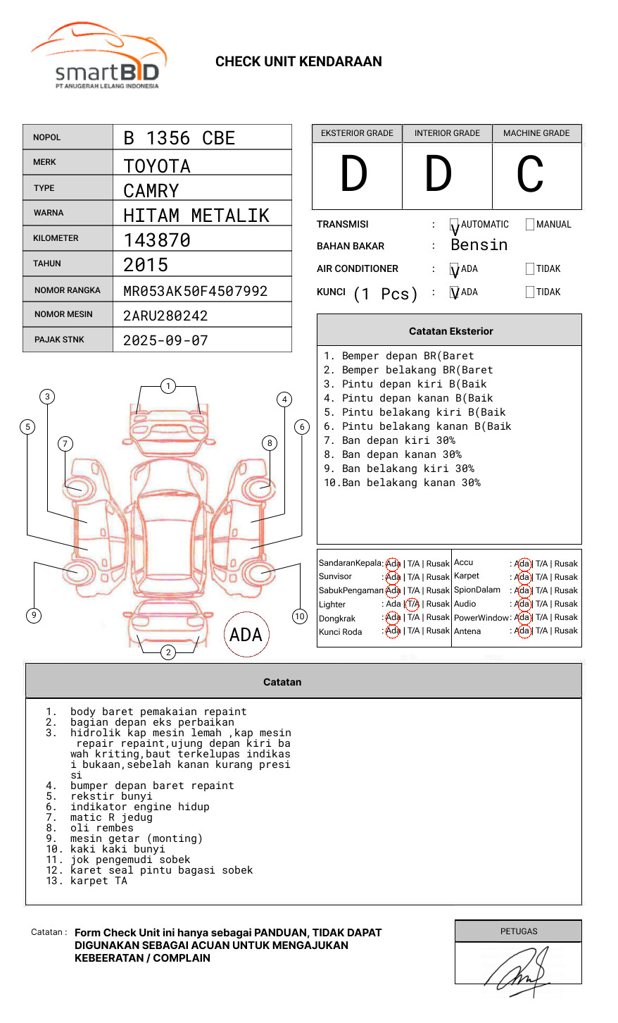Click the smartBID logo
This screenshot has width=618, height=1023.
click(99, 56)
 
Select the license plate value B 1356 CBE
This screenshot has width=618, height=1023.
click(179, 138)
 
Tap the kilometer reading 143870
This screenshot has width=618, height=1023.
click(157, 240)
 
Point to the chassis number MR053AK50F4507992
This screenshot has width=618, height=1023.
click(195, 291)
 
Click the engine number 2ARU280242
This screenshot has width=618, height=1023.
click(165, 316)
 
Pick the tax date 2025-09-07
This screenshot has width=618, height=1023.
click(165, 340)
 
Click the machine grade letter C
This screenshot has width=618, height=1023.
click(529, 175)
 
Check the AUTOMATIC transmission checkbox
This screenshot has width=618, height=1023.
click(455, 225)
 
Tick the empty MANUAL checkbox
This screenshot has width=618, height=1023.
click(530, 225)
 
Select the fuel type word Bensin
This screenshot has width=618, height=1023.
click(479, 245)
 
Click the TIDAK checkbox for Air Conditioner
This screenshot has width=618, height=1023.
click(530, 269)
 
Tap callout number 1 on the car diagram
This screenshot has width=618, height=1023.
click(168, 386)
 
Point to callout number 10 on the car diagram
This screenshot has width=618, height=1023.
click(300, 616)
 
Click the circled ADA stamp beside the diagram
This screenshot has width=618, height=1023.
click(246, 635)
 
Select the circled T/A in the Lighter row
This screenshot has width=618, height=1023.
click(412, 604)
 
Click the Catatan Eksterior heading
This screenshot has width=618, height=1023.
click(450, 331)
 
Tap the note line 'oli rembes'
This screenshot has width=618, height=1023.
click(100, 828)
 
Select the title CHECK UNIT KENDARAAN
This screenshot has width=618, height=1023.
click(298, 62)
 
